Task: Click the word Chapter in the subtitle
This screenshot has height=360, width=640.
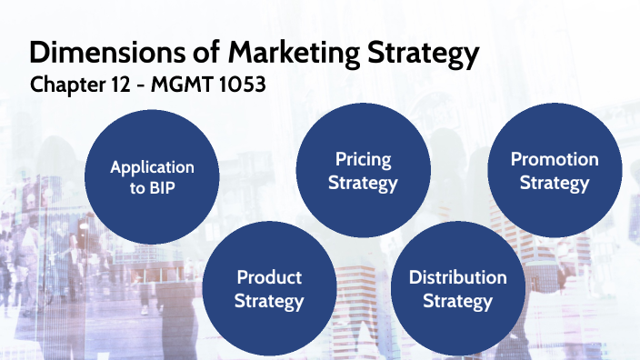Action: pyautogui.click(x=65, y=85)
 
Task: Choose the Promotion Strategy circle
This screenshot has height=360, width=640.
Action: pyautogui.click(x=555, y=171)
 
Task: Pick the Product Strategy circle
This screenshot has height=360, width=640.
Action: pyautogui.click(x=268, y=288)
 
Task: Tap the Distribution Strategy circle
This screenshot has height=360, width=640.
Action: pyautogui.click(x=457, y=288)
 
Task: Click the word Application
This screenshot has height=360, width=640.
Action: pyautogui.click(x=152, y=167)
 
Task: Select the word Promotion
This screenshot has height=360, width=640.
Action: pyautogui.click(x=555, y=160)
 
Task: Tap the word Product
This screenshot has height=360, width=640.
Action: pyautogui.click(x=268, y=277)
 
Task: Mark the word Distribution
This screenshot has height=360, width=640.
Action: pyautogui.click(x=457, y=277)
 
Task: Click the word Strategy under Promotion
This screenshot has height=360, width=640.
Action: pyautogui.click(x=555, y=184)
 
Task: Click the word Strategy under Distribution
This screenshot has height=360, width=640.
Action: pyautogui.click(x=457, y=301)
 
